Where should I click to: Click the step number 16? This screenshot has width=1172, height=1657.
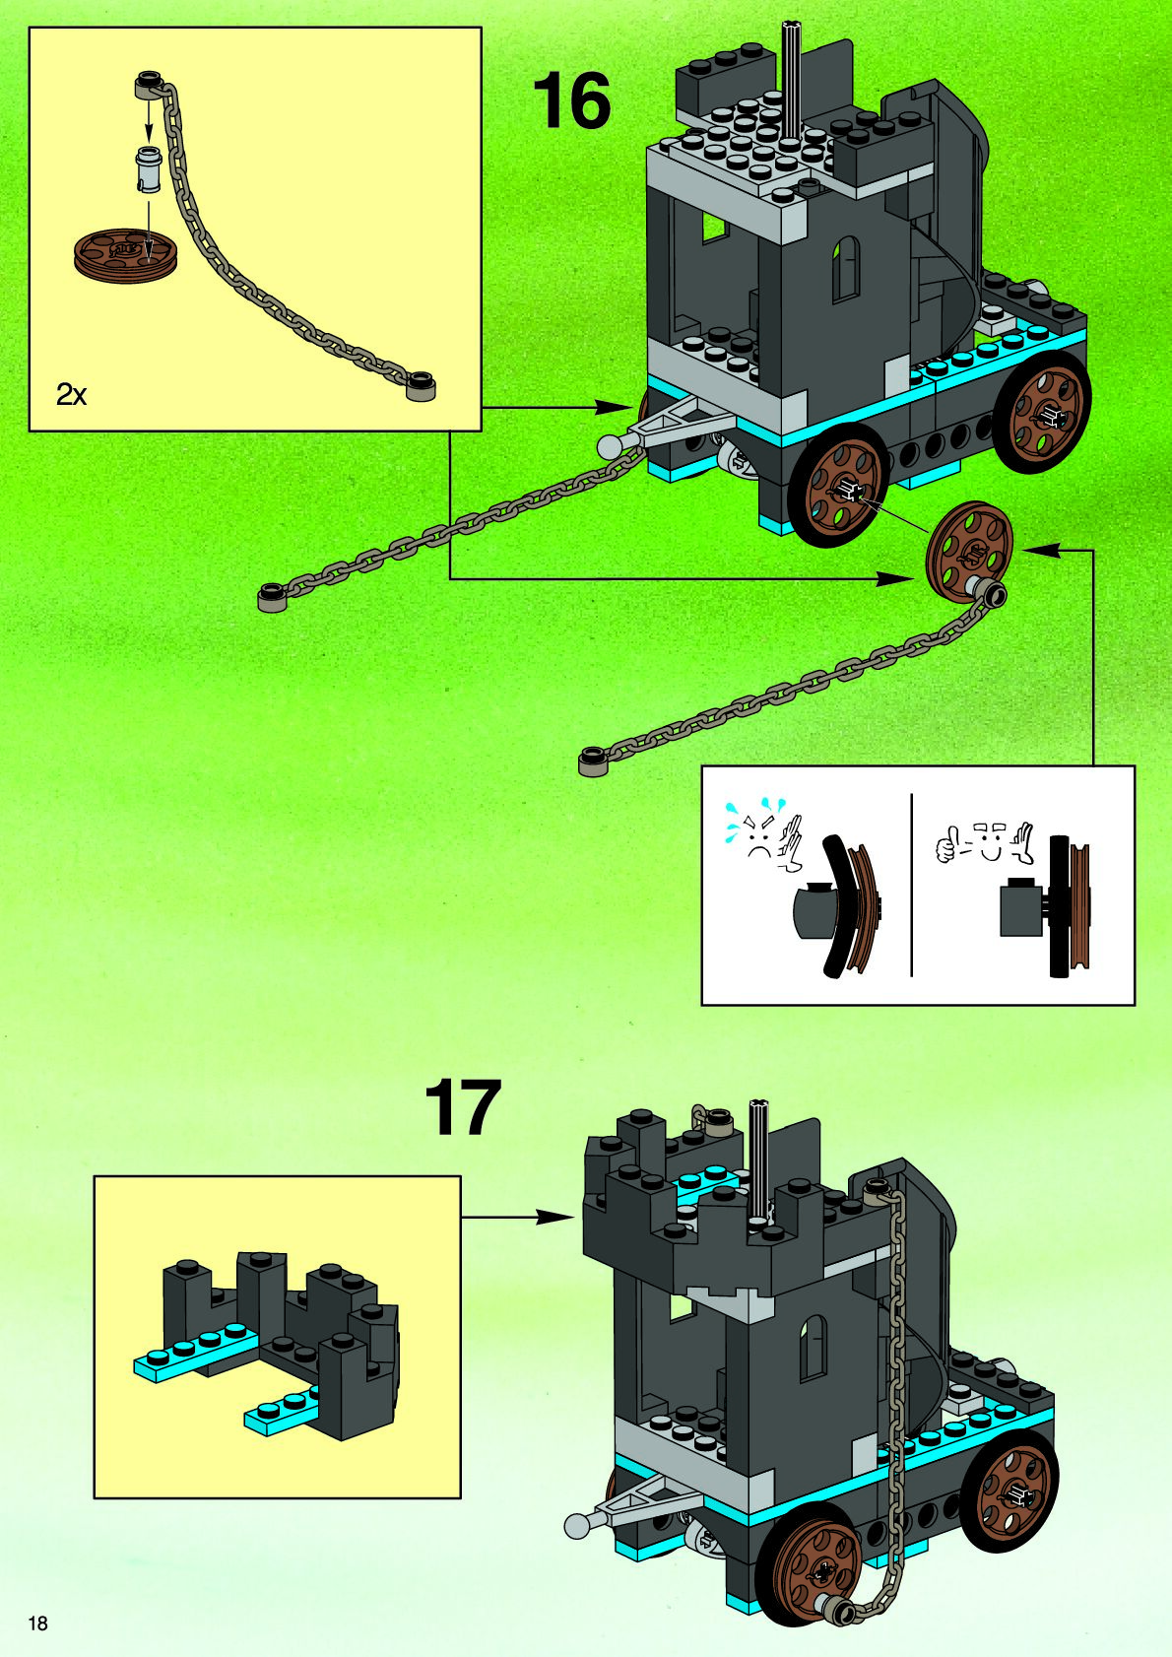[571, 101]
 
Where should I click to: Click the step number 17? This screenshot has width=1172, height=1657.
[463, 1108]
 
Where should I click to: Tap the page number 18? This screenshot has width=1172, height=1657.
[37, 1624]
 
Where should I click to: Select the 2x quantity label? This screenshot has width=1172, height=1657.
[71, 395]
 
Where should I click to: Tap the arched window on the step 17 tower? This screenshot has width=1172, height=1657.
[814, 1349]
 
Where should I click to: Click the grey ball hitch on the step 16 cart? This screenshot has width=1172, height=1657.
[610, 446]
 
